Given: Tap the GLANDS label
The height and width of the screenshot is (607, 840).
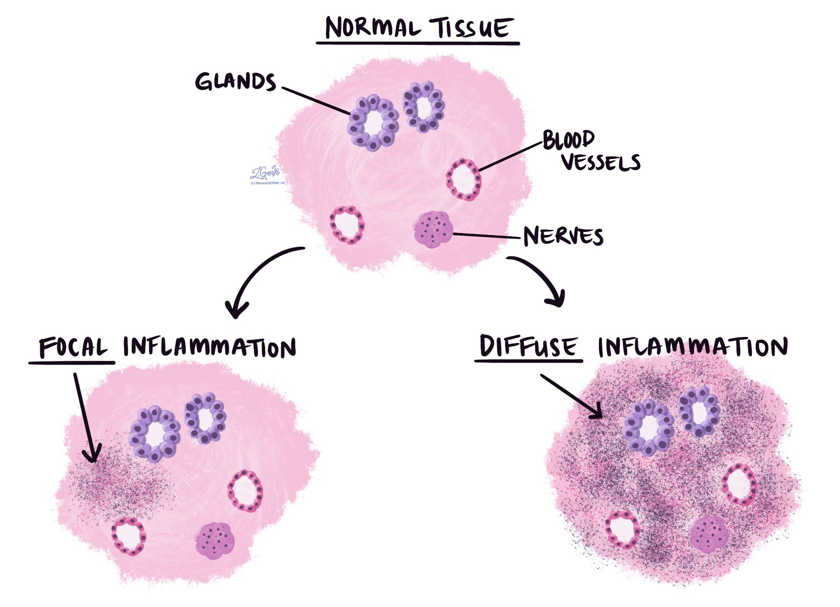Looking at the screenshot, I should [x=235, y=82].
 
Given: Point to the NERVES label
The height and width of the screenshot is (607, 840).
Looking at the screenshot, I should [x=563, y=236].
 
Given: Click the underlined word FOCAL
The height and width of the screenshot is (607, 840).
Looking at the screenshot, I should [x=73, y=347].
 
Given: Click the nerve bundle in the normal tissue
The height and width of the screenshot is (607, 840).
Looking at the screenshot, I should [x=433, y=229].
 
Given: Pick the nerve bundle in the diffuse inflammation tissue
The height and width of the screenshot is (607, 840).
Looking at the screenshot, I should [x=709, y=534].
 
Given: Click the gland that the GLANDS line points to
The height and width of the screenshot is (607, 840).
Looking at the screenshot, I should [x=373, y=123].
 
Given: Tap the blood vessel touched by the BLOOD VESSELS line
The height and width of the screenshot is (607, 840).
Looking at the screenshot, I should [x=464, y=179].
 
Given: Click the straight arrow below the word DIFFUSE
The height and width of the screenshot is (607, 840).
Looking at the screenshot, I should [x=571, y=395].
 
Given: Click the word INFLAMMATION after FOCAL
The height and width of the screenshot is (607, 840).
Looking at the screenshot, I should [x=209, y=347].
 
